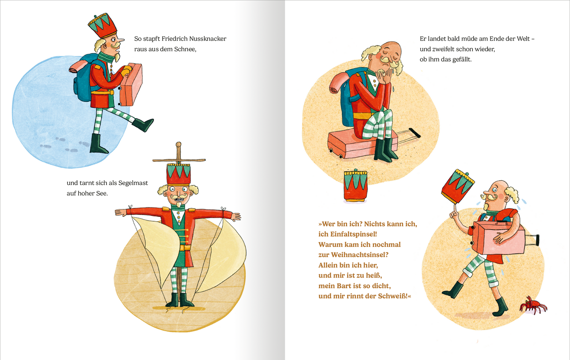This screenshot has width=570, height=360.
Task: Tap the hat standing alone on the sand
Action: pyautogui.click(x=355, y=185)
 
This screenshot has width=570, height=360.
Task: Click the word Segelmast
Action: pyautogui.click(x=133, y=183)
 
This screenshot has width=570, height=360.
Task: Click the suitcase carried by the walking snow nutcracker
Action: pyautogui.click(x=131, y=84)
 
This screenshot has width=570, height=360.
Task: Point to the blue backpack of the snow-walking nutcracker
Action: pyautogui.click(x=84, y=76)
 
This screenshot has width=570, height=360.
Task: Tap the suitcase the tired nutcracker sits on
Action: pyautogui.click(x=363, y=144)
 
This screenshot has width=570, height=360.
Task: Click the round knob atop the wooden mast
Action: pyautogui.click(x=178, y=144)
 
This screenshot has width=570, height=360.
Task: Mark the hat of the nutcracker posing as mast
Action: pyautogui.click(x=178, y=174)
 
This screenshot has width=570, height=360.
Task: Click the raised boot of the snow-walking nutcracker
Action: pyautogui.click(x=143, y=125)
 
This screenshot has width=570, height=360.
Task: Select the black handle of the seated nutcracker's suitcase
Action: pyautogui.click(x=414, y=133)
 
